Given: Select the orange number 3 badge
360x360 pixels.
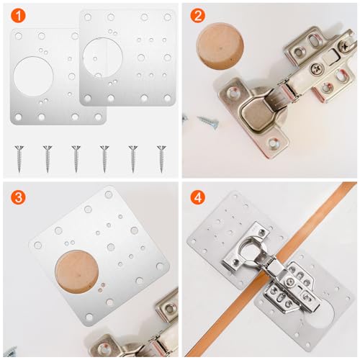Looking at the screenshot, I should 17,197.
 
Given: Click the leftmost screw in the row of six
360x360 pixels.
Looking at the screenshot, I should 19,156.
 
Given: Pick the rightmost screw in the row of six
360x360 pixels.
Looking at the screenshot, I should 161,156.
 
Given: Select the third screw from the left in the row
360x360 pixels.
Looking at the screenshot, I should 76,156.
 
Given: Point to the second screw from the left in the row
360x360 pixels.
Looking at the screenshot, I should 47,156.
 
